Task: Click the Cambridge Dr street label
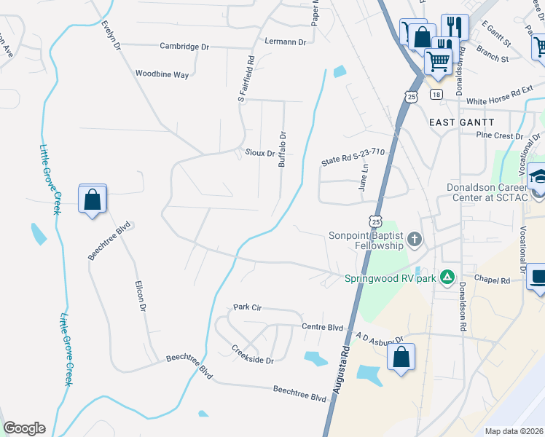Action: pyautogui.click(x=185, y=47)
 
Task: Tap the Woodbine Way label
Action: pyautogui.click(x=162, y=74)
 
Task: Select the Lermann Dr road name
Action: pyautogui.click(x=286, y=42)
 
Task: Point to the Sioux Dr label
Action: pyautogui.click(x=260, y=154)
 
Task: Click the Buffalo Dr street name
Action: pyautogui.click(x=283, y=149)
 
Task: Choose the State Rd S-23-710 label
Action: pyautogui.click(x=353, y=157)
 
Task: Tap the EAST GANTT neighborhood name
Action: pyautogui.click(x=462, y=122)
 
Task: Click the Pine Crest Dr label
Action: pyautogui.click(x=495, y=135)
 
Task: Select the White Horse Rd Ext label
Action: pyautogui.click(x=500, y=101)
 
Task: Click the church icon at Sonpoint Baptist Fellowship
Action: pyautogui.click(x=415, y=239)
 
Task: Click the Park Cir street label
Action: pyautogui.click(x=247, y=307)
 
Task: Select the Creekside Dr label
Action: pyautogui.click(x=253, y=355)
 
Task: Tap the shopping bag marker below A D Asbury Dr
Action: pyautogui.click(x=401, y=357)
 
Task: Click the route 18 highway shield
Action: pyautogui.click(x=436, y=95)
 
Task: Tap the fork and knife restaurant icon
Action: pyautogui.click(x=452, y=27)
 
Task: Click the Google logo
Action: pyautogui.click(x=24, y=428)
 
